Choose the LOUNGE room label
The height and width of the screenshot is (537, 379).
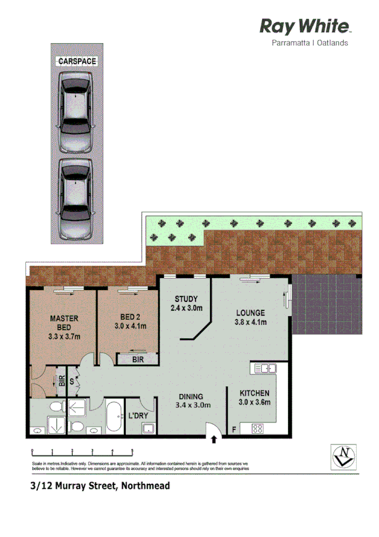(x=251, y=313)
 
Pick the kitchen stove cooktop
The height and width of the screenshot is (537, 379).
(x=258, y=429)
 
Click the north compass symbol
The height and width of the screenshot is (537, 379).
(x=344, y=455)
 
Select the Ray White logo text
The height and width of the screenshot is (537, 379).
(x=305, y=27)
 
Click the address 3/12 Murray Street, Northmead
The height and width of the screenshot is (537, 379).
(x=101, y=487)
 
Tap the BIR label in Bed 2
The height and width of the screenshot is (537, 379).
(x=137, y=359)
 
